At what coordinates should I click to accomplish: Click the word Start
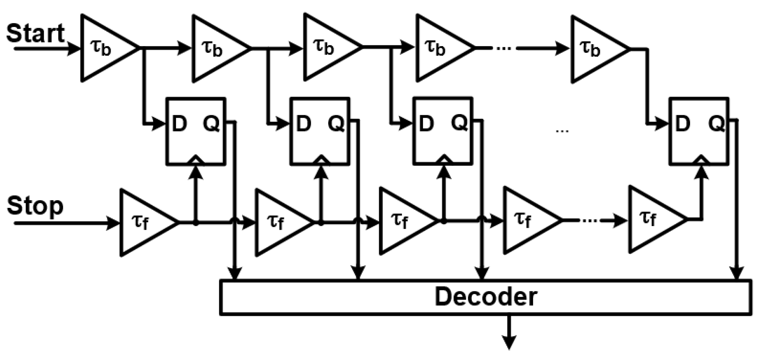tap(35, 33)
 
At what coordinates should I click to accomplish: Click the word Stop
tap(35, 206)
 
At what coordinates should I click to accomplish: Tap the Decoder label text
tap(485, 297)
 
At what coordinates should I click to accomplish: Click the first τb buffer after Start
tap(105, 48)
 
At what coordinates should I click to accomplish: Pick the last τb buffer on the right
tap(596, 49)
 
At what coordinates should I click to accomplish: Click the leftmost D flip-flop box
tap(196, 131)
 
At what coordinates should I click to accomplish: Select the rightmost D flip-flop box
tap(699, 131)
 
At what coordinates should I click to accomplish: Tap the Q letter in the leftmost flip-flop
tap(211, 124)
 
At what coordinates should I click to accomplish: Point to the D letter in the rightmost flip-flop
tap(682, 124)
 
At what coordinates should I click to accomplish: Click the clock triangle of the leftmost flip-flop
tap(196, 160)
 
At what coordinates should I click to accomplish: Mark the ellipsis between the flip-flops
tap(562, 130)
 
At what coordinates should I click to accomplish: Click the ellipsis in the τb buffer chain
tap(504, 48)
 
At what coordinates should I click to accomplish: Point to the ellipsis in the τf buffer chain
tap(589, 220)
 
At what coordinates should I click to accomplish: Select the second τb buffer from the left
tap(217, 48)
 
